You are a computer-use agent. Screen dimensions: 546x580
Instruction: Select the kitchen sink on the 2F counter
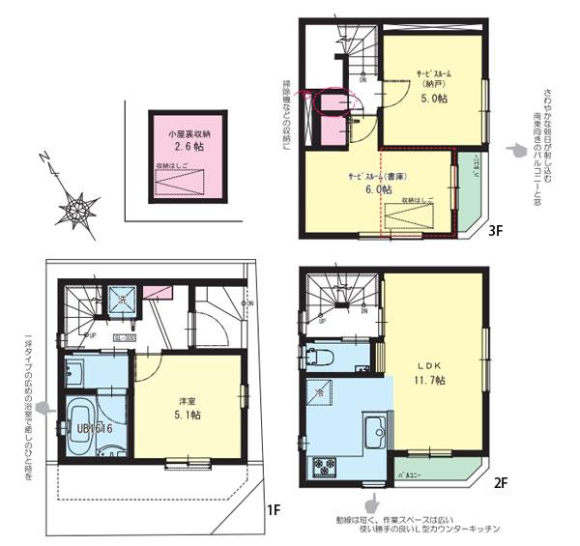371,430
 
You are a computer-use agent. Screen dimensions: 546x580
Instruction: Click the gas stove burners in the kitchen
322,470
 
